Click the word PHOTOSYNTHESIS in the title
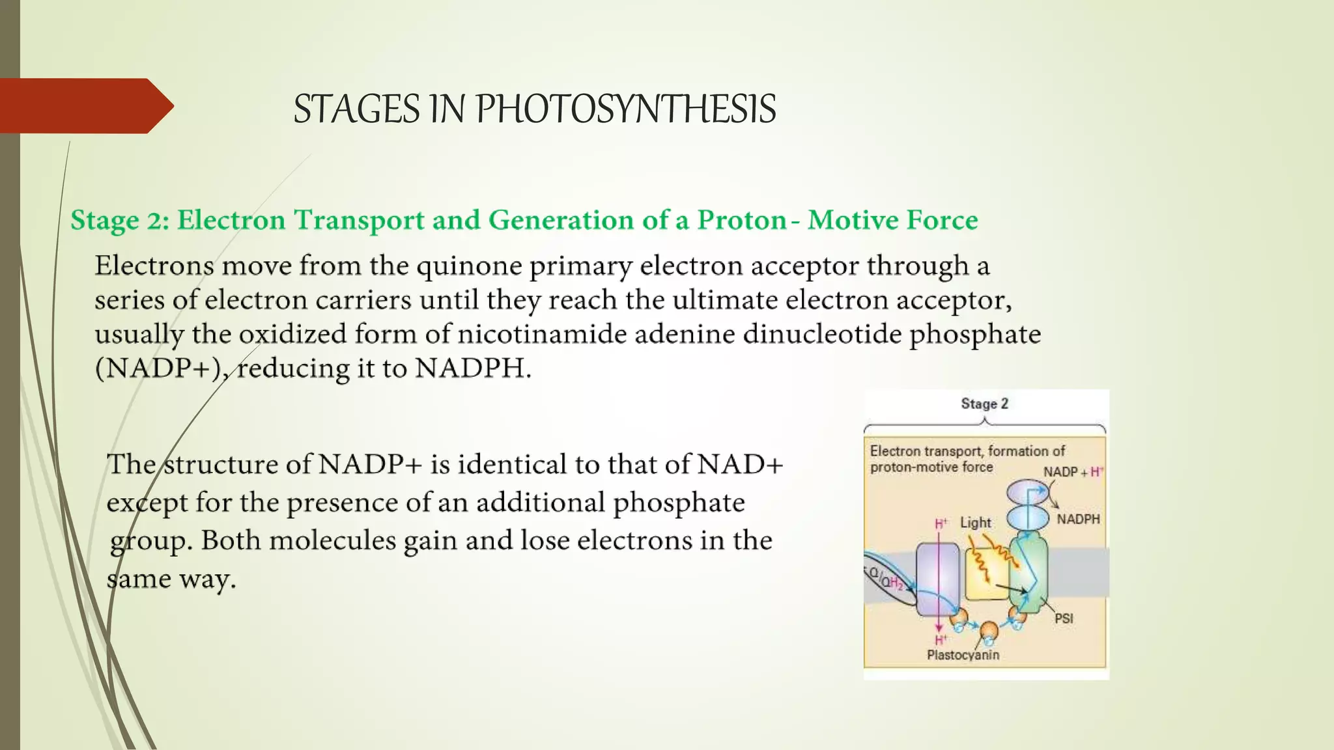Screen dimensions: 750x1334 (x=625, y=109)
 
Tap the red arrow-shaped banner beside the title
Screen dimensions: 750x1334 (x=85, y=105)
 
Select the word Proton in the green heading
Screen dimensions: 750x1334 (x=742, y=220)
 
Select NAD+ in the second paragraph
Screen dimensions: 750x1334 (x=740, y=465)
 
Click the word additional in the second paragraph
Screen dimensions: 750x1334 (x=540, y=503)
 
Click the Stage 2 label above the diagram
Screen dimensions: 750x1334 (x=984, y=404)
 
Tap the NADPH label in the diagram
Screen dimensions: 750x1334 (x=1078, y=520)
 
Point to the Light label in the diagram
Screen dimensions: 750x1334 (x=975, y=523)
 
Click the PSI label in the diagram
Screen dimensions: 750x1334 (x=1064, y=618)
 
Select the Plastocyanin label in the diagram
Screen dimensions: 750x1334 (x=963, y=655)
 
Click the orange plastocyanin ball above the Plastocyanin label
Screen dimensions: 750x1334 (x=989, y=630)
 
